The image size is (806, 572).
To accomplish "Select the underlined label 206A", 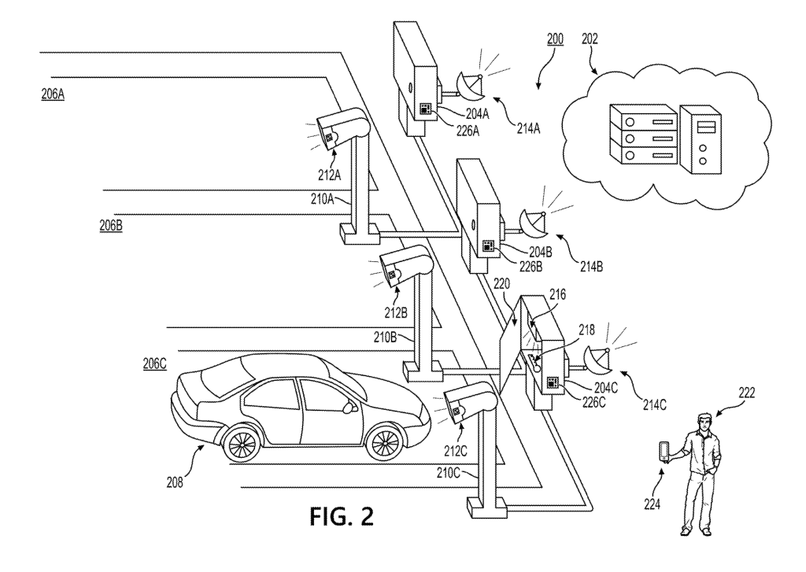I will [x=53, y=94].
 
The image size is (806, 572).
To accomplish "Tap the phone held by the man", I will [x=665, y=452].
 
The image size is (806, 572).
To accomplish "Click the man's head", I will [x=702, y=423].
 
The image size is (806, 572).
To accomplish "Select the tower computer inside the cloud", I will [x=700, y=138].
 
